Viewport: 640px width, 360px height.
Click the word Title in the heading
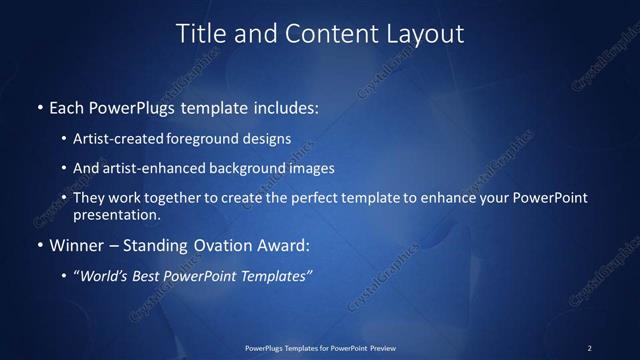coord(200,33)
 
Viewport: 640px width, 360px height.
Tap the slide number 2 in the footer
coord(589,347)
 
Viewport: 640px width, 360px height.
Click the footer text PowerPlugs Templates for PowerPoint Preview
coord(320,347)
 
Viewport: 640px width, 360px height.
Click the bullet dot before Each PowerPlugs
coord(40,105)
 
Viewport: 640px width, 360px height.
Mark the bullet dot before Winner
coord(40,245)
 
